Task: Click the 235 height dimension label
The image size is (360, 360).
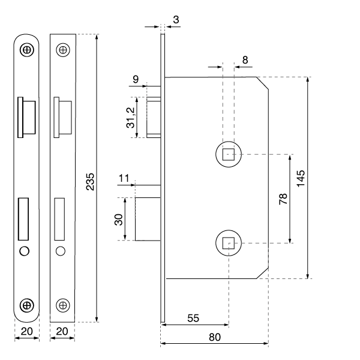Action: tap(90, 182)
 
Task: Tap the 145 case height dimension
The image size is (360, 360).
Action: tap(301, 179)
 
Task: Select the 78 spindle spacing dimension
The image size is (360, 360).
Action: tap(283, 199)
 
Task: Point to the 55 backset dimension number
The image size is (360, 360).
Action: tap(193, 318)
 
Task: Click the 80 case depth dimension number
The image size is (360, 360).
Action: tap(215, 337)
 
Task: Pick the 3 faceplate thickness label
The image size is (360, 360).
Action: tap(176, 20)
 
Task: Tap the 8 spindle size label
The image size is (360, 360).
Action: tap(245, 60)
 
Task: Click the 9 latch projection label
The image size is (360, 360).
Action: tap(136, 79)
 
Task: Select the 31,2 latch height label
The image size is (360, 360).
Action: tap(130, 118)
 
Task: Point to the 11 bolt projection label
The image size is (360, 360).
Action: tap(124, 178)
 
